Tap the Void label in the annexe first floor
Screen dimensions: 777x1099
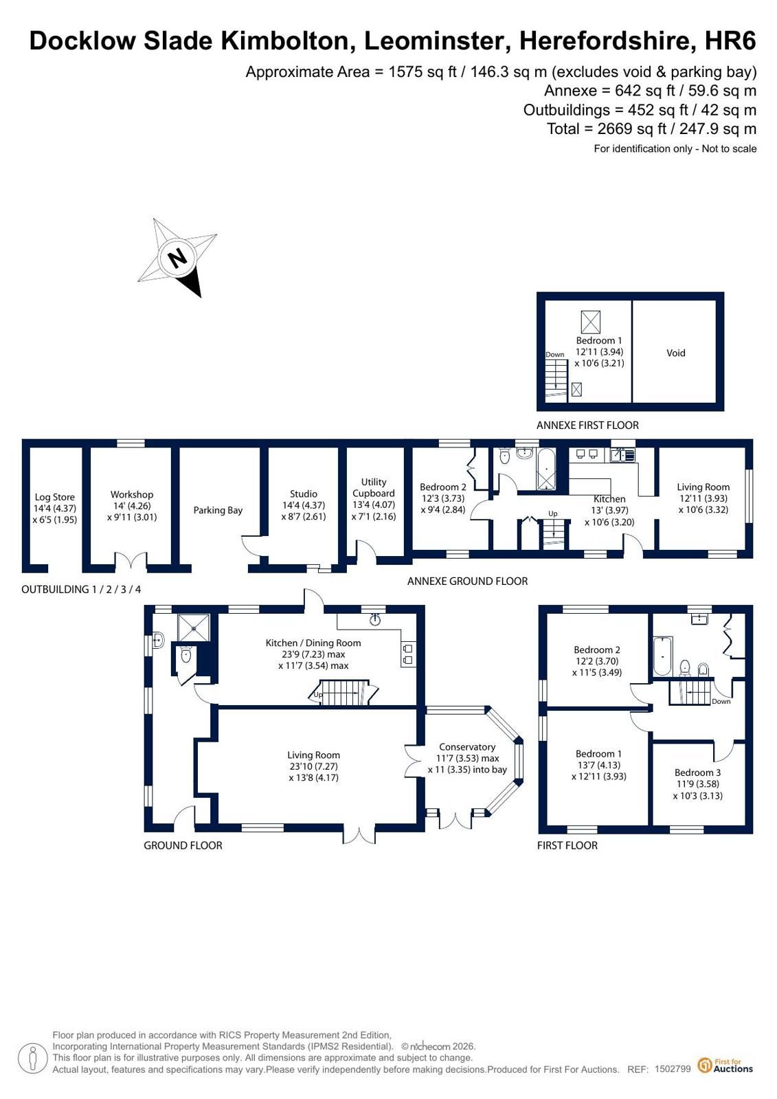pyautogui.click(x=675, y=353)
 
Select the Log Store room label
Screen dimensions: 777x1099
pyautogui.click(x=54, y=497)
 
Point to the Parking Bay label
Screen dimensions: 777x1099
pyautogui.click(x=218, y=510)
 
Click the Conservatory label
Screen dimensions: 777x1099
pyautogui.click(x=467, y=746)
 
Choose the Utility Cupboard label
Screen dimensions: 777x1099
pyautogui.click(x=374, y=488)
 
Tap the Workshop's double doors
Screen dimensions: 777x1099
pyautogui.click(x=131, y=560)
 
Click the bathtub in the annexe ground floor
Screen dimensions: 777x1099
pyautogui.click(x=547, y=469)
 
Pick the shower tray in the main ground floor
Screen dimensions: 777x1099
pyautogui.click(x=194, y=628)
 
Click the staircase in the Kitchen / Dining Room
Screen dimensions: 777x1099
pyautogui.click(x=344, y=692)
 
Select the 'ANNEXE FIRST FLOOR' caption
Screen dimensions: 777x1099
pyautogui.click(x=587, y=425)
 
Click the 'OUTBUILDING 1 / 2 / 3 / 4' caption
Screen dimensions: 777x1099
pyautogui.click(x=81, y=589)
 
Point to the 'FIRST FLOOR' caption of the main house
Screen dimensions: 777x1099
pyautogui.click(x=567, y=845)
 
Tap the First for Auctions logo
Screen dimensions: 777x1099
pyautogui.click(x=725, y=1065)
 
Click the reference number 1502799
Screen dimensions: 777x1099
pyautogui.click(x=673, y=1068)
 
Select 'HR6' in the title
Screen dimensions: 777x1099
pyautogui.click(x=730, y=41)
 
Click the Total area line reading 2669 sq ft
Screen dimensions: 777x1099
pyautogui.click(x=651, y=129)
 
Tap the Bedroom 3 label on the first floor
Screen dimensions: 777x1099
pyautogui.click(x=697, y=773)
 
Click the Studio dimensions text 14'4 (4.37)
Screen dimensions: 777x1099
pyautogui.click(x=304, y=505)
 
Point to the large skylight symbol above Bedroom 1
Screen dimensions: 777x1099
pyautogui.click(x=590, y=322)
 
